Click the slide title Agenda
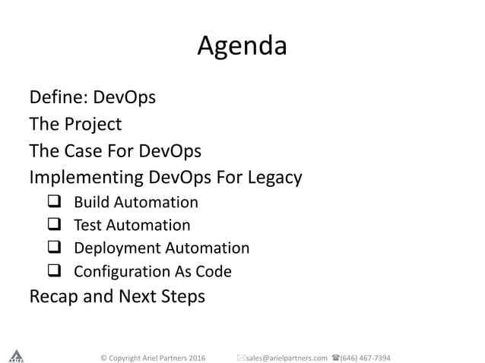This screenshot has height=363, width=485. point(242,47)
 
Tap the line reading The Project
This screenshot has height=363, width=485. point(75,124)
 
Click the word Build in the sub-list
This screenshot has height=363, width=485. point(90,203)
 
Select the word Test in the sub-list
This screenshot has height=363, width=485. point(87,226)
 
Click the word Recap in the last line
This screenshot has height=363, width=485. point(54,295)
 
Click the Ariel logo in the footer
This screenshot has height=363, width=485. point(15,355)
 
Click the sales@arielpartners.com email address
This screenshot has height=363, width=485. point(286,357)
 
